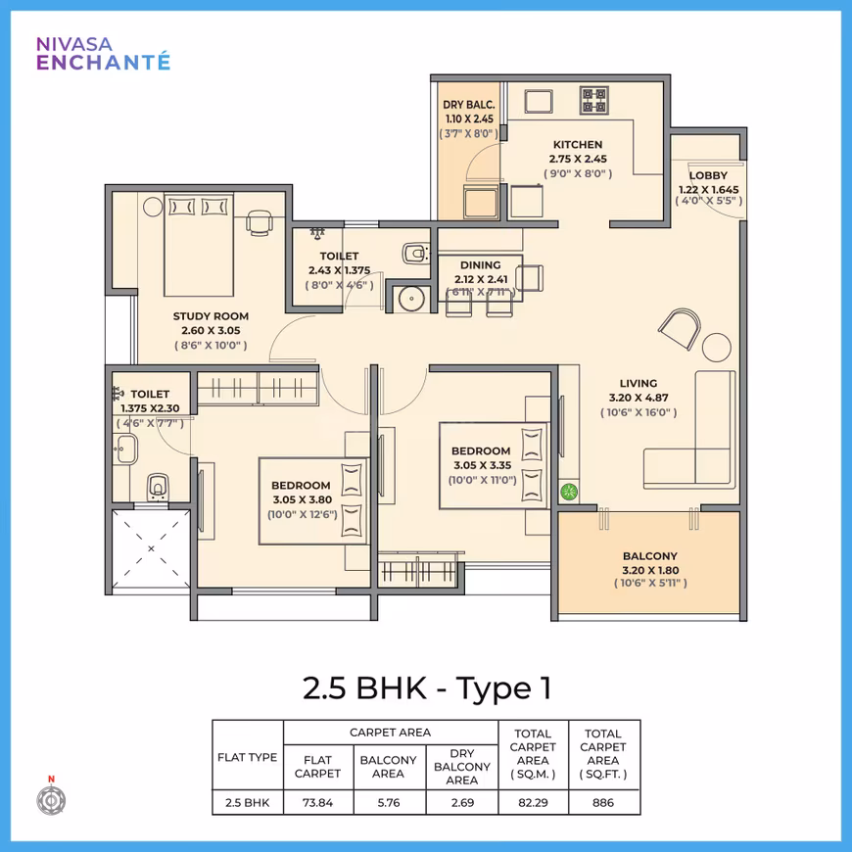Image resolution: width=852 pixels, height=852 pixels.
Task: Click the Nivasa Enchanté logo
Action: [103, 54]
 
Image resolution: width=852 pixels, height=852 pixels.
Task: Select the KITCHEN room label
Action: [578, 145]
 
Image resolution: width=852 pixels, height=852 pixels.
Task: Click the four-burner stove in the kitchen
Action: [593, 100]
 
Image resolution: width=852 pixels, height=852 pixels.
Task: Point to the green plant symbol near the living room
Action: [569, 493]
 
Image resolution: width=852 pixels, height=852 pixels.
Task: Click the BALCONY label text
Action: [650, 556]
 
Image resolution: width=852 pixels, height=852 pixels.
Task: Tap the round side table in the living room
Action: [716, 348]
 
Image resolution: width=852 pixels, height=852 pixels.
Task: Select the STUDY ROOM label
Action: [211, 316]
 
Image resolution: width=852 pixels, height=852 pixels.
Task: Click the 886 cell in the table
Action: [603, 803]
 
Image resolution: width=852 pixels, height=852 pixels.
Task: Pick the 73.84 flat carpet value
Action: [318, 803]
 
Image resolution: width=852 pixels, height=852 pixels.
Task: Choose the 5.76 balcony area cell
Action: [389, 803]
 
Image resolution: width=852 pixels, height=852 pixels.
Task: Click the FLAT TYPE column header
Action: [247, 757]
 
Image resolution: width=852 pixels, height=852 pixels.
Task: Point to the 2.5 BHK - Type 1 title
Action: [427, 687]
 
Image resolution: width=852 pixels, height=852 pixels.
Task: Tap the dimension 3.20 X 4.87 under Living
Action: [639, 398]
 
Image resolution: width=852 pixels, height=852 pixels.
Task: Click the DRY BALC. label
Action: [468, 105]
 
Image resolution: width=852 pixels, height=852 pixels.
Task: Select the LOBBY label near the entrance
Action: [708, 175]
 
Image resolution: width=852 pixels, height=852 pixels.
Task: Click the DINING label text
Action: [480, 265]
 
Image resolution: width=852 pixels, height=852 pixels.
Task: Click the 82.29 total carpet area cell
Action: [533, 803]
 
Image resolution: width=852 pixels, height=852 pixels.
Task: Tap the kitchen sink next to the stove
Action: [539, 102]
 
